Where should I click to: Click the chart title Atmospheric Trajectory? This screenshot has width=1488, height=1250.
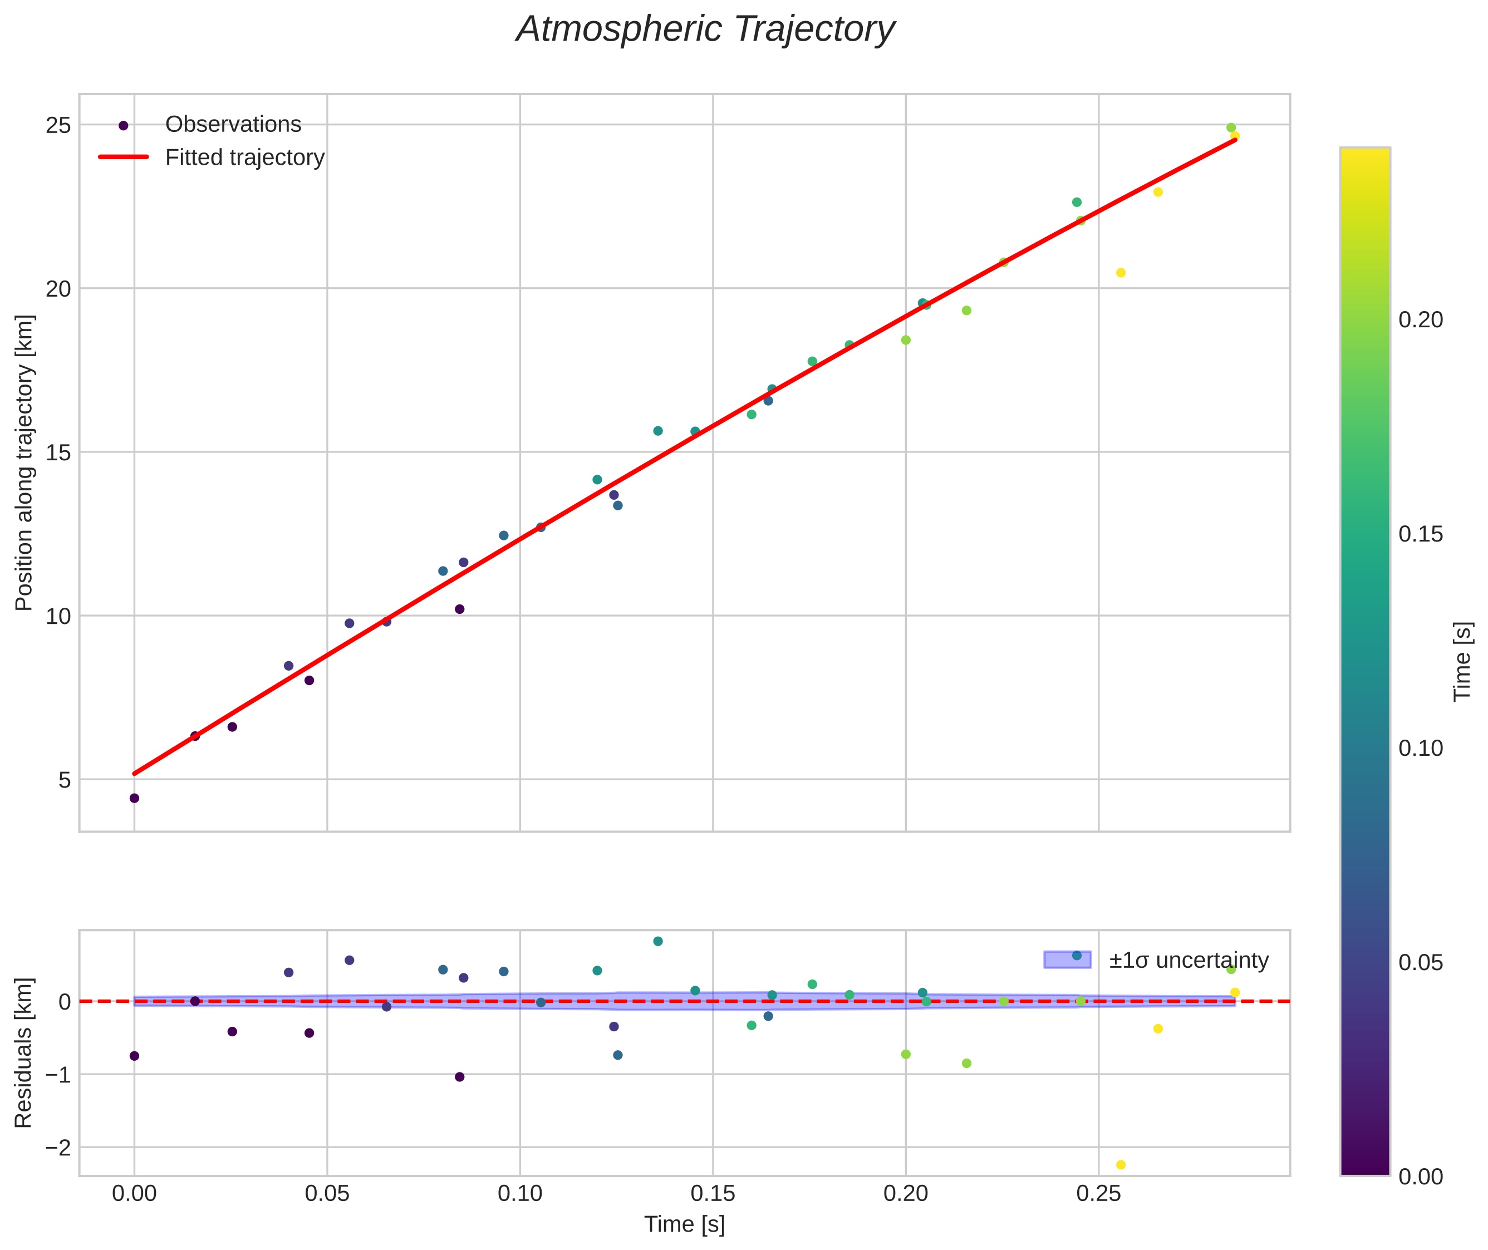[705, 29]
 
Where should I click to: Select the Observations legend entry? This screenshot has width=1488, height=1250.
[233, 125]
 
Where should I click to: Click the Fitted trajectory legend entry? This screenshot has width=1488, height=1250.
[244, 158]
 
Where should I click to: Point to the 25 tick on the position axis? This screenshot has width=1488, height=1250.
[58, 125]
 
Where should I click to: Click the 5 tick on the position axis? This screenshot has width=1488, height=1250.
[65, 780]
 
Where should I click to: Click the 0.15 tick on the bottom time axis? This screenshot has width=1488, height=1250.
[713, 1194]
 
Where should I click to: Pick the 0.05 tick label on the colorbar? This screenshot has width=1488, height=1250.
[1421, 963]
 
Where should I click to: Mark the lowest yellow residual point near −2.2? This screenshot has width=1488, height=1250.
[1121, 1165]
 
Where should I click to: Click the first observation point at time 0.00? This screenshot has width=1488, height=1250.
[135, 799]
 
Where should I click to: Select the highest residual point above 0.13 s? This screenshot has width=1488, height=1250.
[658, 941]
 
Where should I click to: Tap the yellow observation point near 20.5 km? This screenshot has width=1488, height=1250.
[1121, 273]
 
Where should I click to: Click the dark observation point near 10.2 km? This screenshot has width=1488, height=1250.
[459, 609]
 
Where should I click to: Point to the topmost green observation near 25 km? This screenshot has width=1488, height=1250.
[1231, 127]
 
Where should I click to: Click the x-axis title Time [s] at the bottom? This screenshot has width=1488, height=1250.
[684, 1224]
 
